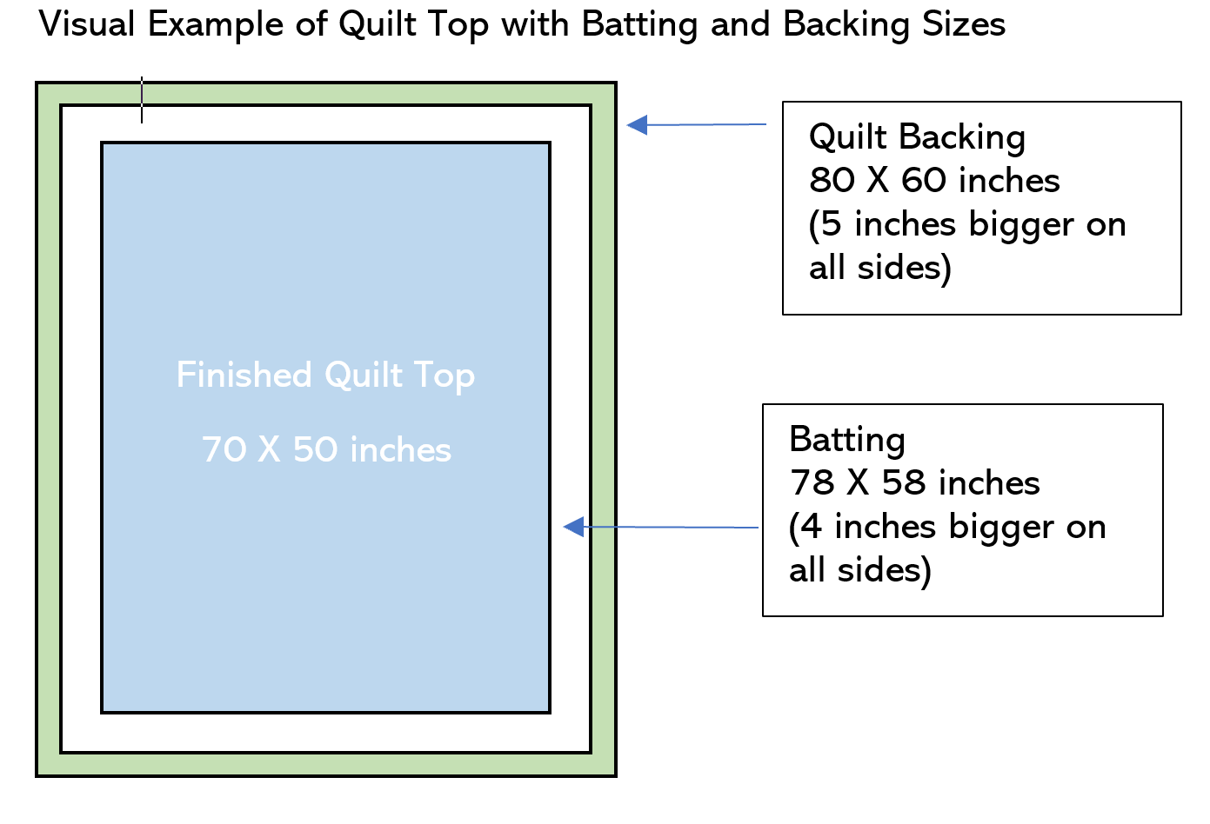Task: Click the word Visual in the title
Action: tap(87, 24)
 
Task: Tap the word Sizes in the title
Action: tap(964, 24)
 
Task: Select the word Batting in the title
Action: tap(640, 25)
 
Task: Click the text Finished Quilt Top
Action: tap(325, 375)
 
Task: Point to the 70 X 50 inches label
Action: tap(326, 449)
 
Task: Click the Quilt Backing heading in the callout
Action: tap(917, 137)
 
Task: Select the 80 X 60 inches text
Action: tap(934, 180)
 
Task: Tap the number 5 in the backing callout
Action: tap(831, 224)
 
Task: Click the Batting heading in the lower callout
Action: tap(847, 441)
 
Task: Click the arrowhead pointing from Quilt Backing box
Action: tap(638, 125)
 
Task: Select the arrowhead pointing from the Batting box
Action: tap(573, 527)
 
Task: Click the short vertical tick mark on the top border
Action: tap(142, 100)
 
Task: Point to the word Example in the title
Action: tap(216, 25)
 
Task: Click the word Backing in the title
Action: tap(846, 25)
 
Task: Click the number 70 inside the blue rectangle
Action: tap(224, 449)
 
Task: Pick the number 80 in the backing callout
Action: tap(832, 180)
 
